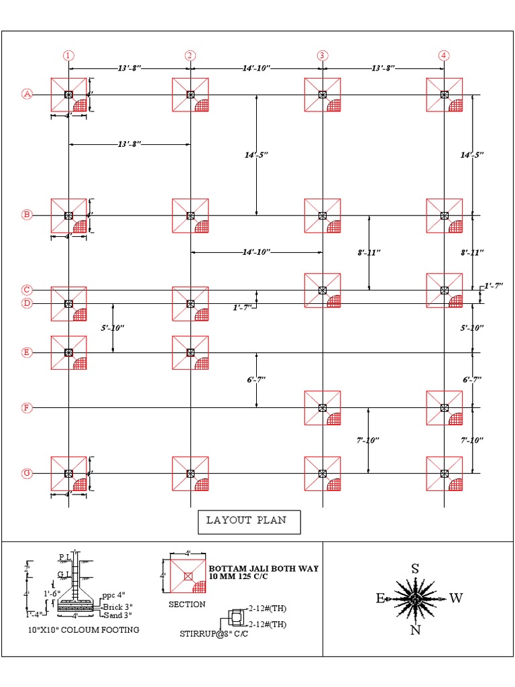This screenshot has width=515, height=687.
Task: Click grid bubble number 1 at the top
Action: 68,56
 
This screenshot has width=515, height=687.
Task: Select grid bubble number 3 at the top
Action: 323,56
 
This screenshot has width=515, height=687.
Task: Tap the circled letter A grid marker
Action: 27,94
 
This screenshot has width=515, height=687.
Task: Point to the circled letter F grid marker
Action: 27,407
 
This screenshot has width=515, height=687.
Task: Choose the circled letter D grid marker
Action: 27,303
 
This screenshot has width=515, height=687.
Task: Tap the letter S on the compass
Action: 415,569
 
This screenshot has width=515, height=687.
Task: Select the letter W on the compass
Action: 456,598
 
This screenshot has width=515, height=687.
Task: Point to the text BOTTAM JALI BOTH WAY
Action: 264,568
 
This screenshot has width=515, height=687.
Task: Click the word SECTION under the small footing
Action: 187,604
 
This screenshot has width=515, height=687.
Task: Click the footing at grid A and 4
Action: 444,95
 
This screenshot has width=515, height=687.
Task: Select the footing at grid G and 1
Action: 68,474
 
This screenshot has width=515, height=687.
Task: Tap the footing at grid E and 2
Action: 190,353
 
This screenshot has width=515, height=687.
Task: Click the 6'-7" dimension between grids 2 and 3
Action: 256,380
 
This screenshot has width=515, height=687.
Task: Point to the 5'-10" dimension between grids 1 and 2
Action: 113,328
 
